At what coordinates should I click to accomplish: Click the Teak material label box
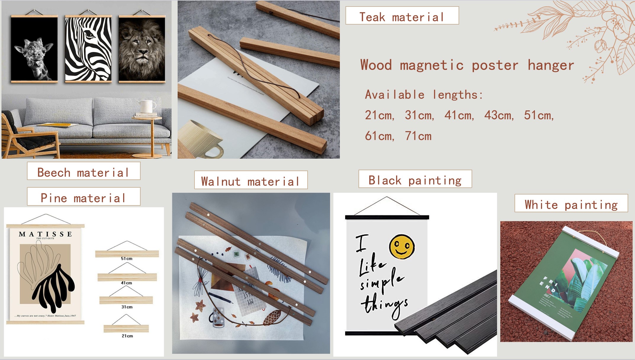(402, 16)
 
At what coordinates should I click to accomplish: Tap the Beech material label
(83, 171)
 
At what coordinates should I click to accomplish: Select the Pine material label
(83, 197)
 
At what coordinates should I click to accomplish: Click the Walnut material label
(251, 180)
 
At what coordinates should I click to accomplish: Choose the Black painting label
(415, 179)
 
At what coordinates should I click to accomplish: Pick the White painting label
(571, 203)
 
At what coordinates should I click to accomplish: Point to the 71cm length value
(418, 136)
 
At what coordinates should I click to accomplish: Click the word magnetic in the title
(432, 65)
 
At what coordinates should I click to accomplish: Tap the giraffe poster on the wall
(34, 49)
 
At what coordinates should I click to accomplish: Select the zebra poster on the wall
(88, 49)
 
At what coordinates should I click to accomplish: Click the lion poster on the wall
(142, 49)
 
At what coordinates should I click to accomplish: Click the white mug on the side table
(147, 106)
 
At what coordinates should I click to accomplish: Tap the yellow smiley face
(402, 246)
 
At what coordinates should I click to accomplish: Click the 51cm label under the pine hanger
(126, 258)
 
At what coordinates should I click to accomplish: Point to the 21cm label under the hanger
(127, 336)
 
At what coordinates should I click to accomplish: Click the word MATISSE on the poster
(45, 234)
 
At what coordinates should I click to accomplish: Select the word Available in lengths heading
(395, 95)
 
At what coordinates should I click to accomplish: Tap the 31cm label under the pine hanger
(127, 307)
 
